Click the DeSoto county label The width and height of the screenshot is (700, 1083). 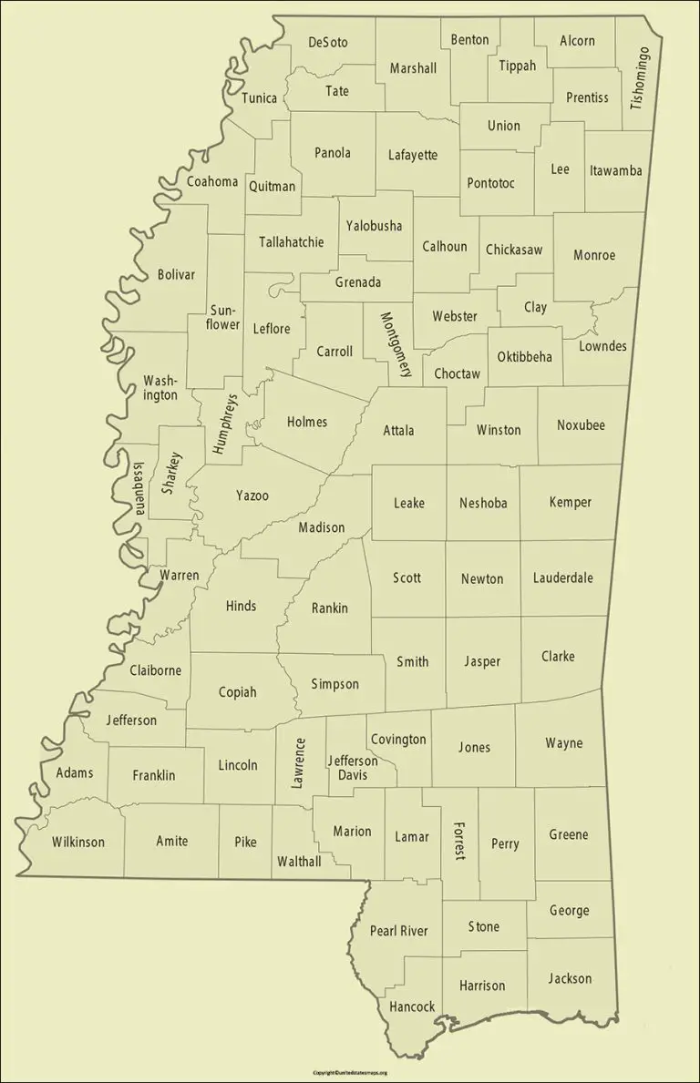(x=328, y=42)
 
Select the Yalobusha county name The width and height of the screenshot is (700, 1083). (x=374, y=226)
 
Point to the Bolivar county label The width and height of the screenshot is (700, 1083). (x=176, y=274)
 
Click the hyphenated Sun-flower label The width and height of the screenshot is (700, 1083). (x=223, y=317)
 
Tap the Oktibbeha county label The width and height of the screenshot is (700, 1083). (x=524, y=356)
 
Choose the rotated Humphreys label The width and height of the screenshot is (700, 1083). (x=224, y=424)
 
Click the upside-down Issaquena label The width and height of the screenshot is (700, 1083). (x=139, y=488)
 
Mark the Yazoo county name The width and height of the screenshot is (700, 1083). (x=252, y=496)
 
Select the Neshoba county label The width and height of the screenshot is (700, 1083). (x=483, y=503)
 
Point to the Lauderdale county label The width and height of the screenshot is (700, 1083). (x=563, y=577)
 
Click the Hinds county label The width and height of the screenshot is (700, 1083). (x=241, y=606)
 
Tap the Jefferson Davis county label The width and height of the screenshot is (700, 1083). (x=353, y=768)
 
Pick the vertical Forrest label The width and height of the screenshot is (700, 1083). (x=458, y=841)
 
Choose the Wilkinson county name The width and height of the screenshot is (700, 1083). (x=77, y=842)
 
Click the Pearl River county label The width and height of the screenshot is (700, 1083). (x=398, y=931)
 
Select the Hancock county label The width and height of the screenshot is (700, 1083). (x=412, y=1006)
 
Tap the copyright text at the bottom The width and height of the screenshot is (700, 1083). (x=350, y=1073)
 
